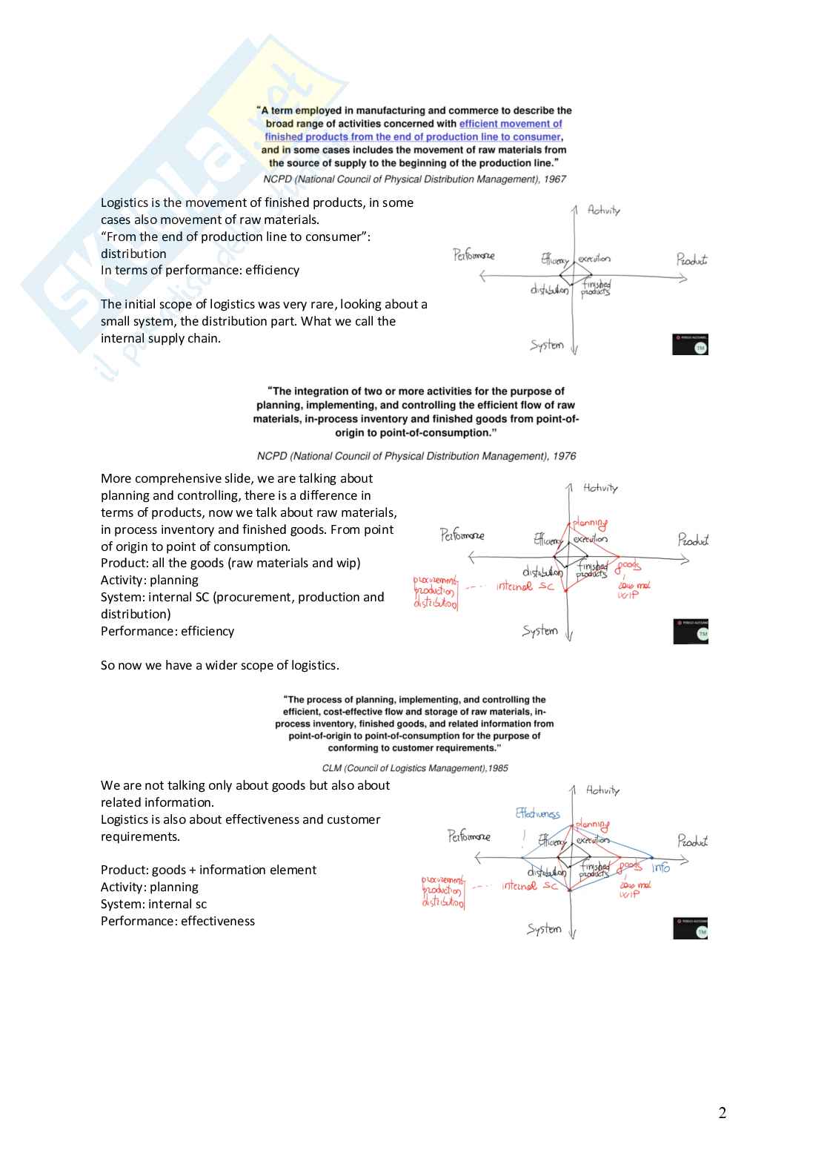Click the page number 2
pyautogui.click(x=723, y=1113)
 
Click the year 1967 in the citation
pyautogui.click(x=554, y=179)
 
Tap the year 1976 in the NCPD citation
pyautogui.click(x=564, y=456)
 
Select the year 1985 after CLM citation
pyautogui.click(x=497, y=768)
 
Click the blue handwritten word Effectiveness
pyautogui.click(x=538, y=813)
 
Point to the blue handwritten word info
pyautogui.click(x=661, y=867)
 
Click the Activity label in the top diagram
pyautogui.click(x=604, y=211)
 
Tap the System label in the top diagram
pyautogui.click(x=547, y=345)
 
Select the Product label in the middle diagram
pyautogui.click(x=693, y=540)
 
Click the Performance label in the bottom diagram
pyautogui.click(x=469, y=836)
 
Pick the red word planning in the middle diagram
pyautogui.click(x=590, y=523)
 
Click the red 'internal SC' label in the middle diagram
pyautogui.click(x=525, y=586)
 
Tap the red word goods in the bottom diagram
pyautogui.click(x=630, y=865)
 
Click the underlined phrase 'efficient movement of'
pyautogui.click(x=511, y=124)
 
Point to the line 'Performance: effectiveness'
pyautogui.click(x=178, y=921)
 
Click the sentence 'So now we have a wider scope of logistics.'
pyautogui.click(x=220, y=665)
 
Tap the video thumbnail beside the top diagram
pyautogui.click(x=690, y=344)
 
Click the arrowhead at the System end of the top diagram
pyautogui.click(x=574, y=350)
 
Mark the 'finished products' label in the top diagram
pyautogui.click(x=596, y=288)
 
